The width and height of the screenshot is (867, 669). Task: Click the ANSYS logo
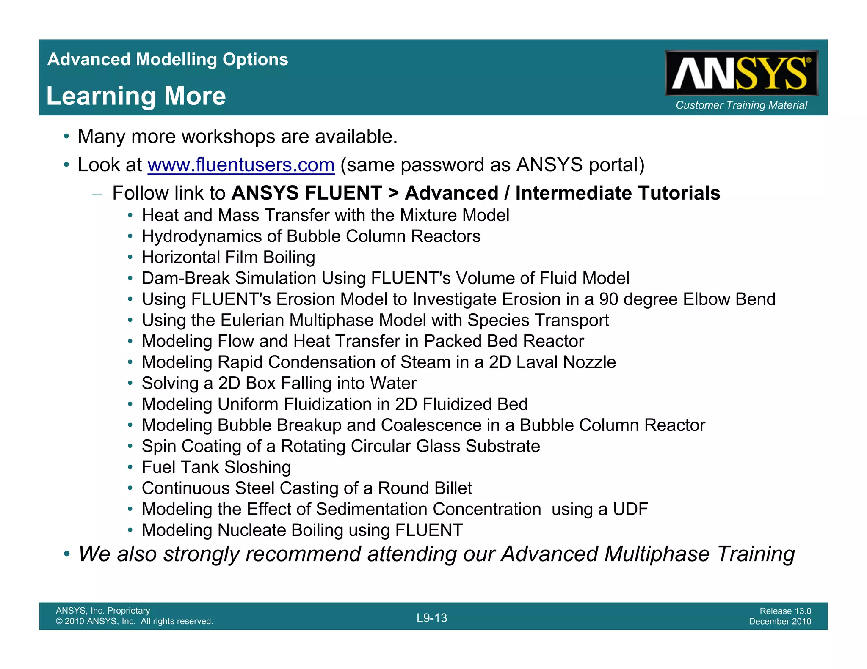741,74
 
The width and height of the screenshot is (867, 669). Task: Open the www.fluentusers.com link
241,165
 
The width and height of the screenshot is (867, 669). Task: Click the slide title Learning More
136,96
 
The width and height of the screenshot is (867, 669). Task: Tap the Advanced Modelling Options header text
168,60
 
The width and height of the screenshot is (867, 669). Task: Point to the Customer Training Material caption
741,105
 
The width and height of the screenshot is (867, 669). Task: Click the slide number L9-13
431,618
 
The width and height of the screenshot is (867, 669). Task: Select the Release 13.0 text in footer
785,611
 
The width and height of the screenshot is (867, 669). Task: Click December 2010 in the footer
780,621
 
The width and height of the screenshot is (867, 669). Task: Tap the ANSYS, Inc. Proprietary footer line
103,610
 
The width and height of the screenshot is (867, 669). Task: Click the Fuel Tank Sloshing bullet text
216,467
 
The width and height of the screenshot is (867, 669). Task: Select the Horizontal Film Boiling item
228,258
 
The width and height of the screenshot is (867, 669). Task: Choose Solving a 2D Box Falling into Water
279,384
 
